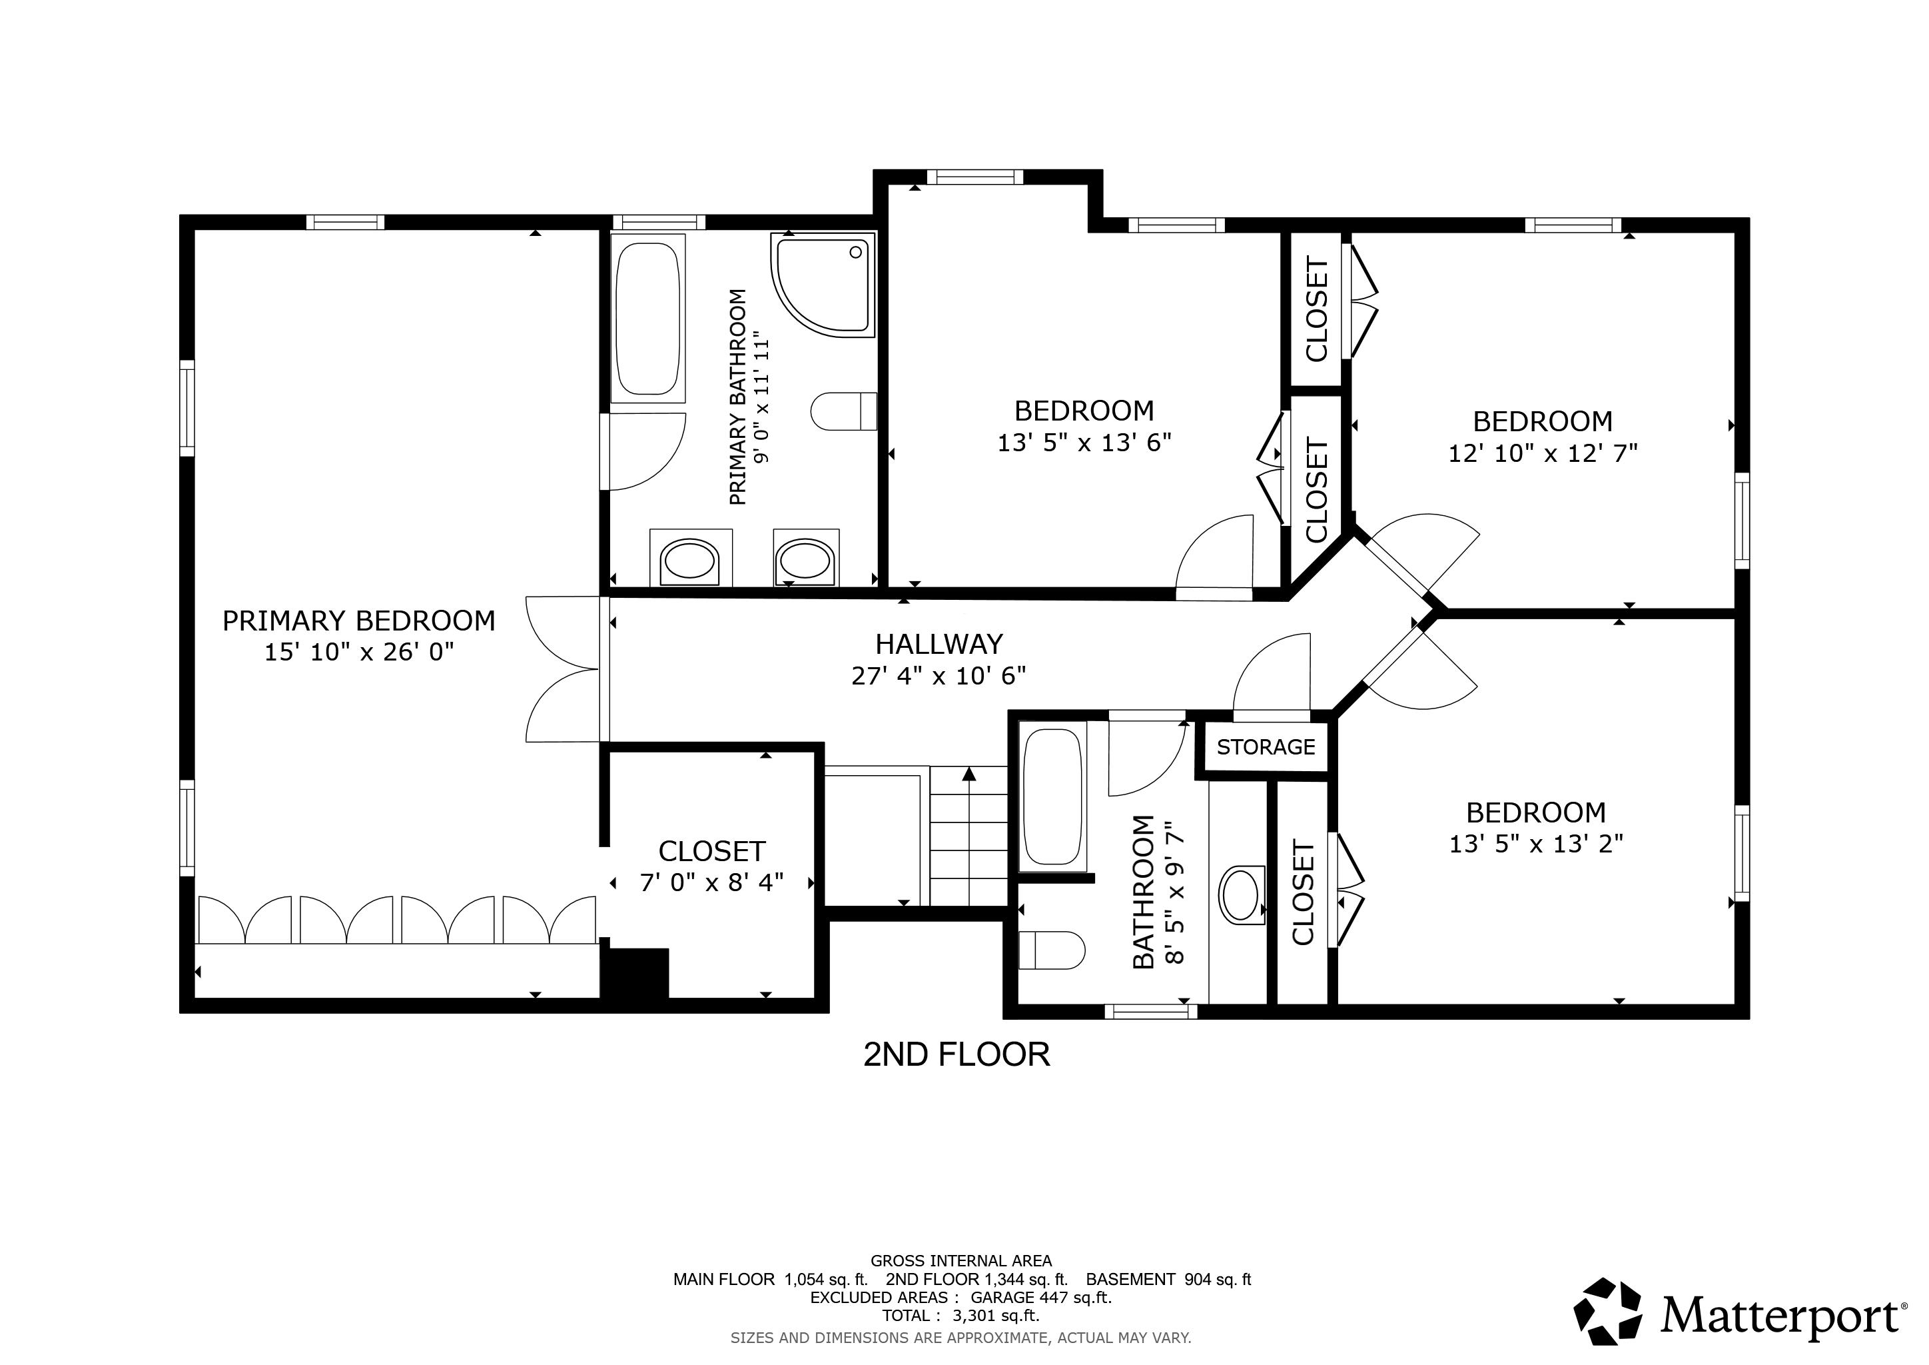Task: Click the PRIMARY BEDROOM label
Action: (x=359, y=621)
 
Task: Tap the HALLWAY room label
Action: (x=939, y=645)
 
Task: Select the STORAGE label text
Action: (x=1266, y=746)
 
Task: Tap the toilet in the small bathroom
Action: (x=1051, y=950)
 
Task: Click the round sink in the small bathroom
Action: (x=1242, y=896)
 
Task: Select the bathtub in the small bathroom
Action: (x=1052, y=797)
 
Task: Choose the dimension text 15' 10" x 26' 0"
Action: (x=360, y=653)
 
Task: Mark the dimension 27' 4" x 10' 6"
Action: (x=939, y=676)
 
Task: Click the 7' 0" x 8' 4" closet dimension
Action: (x=711, y=882)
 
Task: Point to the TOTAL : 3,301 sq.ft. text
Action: (x=961, y=1316)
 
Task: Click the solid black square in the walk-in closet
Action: (x=637, y=973)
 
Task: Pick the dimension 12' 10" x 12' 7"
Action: (x=1543, y=454)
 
